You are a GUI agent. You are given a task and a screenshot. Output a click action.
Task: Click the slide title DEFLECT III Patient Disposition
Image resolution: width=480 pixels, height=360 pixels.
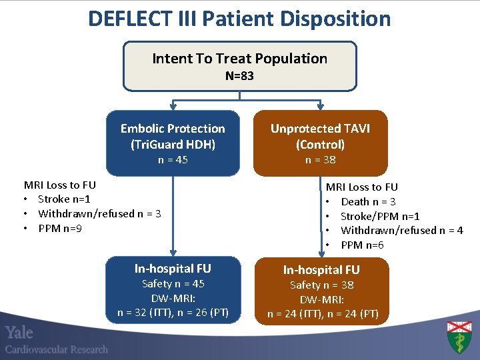pos(239,18)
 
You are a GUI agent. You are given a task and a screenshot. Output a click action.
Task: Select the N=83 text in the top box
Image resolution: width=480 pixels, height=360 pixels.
pos(239,76)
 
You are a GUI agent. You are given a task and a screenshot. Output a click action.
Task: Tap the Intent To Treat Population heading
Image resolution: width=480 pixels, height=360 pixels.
pos(239,59)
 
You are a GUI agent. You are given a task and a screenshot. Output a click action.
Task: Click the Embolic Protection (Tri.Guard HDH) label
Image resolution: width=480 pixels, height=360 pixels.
pos(173,136)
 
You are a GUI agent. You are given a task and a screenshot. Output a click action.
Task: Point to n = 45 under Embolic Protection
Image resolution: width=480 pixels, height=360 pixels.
pos(173,160)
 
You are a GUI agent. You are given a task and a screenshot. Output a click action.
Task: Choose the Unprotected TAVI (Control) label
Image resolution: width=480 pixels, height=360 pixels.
pos(320,136)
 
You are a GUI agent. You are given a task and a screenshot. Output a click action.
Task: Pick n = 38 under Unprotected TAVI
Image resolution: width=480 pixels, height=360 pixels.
pos(320,160)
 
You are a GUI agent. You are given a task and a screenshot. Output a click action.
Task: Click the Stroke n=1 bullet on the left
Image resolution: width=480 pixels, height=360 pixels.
pos(64,199)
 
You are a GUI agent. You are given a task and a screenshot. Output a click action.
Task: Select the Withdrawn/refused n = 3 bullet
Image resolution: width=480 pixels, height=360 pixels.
pos(99,214)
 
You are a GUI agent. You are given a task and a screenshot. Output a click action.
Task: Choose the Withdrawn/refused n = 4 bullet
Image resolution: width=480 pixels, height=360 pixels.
pos(401,231)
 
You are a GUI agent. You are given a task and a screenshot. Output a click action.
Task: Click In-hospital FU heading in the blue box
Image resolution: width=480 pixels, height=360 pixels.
pos(173,269)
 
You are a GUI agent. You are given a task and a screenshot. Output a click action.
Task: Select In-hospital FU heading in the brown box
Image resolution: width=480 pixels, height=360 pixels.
pos(321,270)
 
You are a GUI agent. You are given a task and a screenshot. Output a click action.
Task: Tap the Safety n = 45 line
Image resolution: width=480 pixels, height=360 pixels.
pos(173,284)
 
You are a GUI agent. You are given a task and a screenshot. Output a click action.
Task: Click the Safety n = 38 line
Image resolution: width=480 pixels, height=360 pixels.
pos(321,285)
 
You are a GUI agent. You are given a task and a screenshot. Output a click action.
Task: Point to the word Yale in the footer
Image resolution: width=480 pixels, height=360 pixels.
pos(19,333)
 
